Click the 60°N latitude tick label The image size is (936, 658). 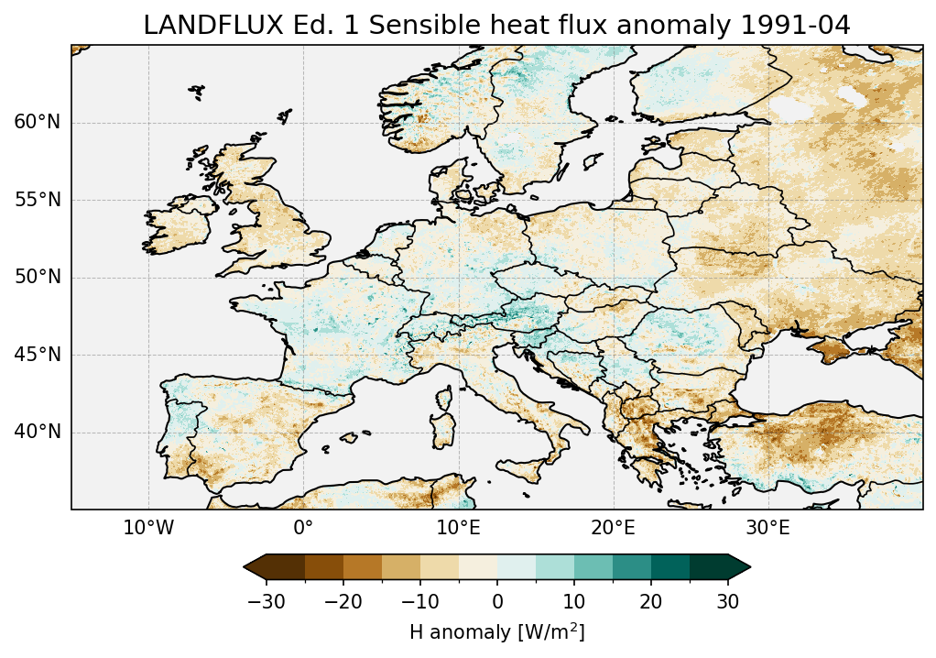37,123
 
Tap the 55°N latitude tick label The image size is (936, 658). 37,200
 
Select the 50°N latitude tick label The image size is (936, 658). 37,278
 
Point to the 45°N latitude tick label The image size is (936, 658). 37,355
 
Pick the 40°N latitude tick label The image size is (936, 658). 37,432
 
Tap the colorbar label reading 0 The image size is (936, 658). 497,602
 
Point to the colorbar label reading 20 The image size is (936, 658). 651,602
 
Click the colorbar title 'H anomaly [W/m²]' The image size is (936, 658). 496,632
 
